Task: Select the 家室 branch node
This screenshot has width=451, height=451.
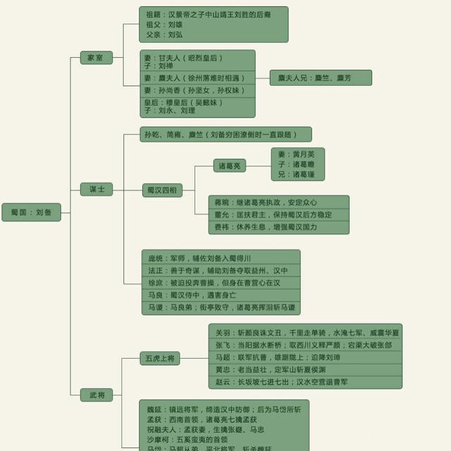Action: click(x=96, y=57)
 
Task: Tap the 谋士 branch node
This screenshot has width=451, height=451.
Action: click(x=97, y=190)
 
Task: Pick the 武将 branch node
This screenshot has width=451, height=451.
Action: click(x=97, y=395)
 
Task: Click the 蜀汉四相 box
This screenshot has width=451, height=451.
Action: click(x=161, y=190)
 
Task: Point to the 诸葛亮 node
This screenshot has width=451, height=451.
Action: click(x=230, y=166)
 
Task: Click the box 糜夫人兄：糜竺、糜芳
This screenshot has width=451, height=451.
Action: click(x=321, y=78)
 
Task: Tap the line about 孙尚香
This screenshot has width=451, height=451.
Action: click(x=194, y=91)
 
